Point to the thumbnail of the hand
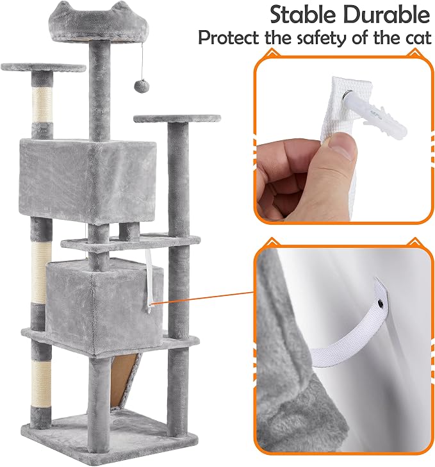[344, 148]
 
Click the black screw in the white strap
[381, 304]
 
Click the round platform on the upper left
[44, 67]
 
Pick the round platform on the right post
[177, 119]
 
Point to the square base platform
[109, 438]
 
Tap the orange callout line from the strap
[203, 297]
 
